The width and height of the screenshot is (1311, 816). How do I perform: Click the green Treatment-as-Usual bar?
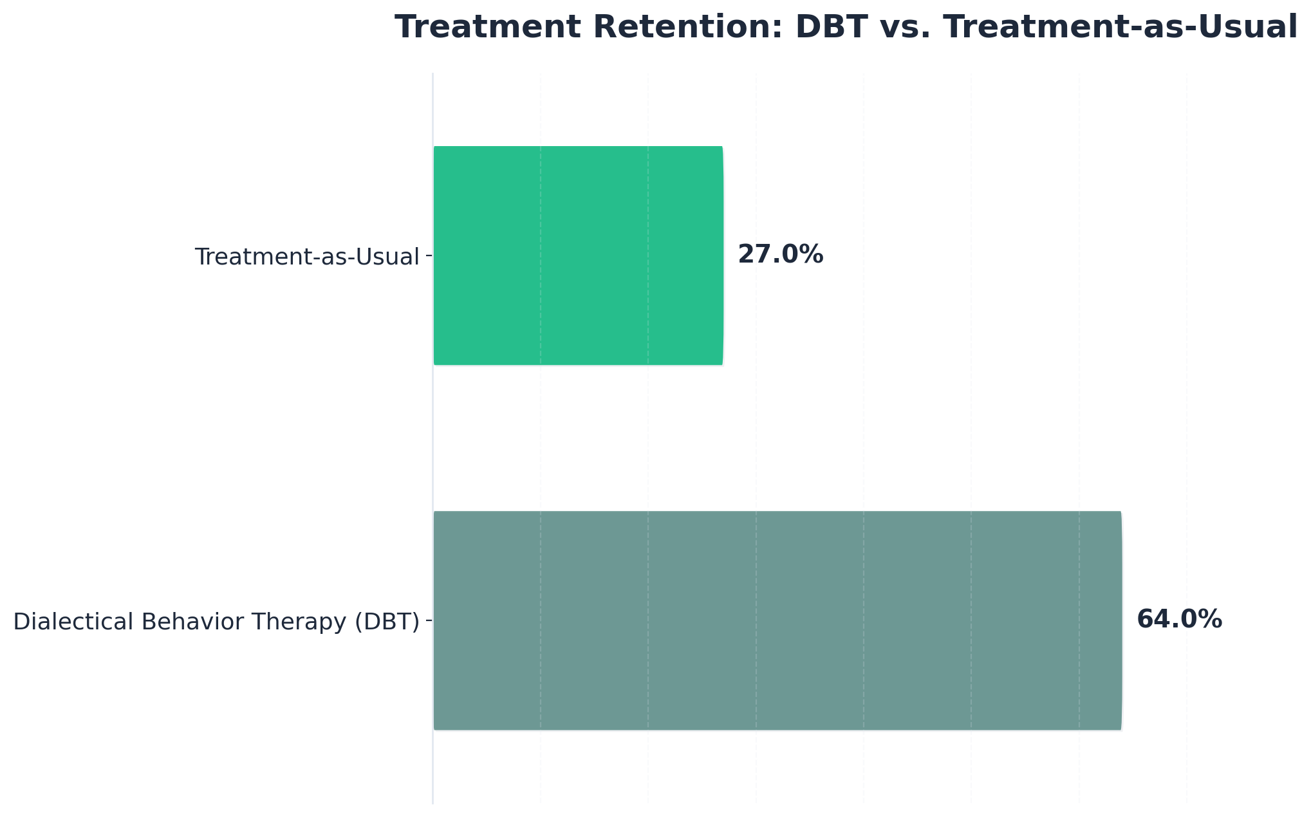pyautogui.click(x=578, y=255)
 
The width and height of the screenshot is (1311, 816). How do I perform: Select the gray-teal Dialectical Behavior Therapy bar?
pyautogui.click(x=777, y=620)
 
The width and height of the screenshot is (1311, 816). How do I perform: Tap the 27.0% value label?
pyautogui.click(x=780, y=255)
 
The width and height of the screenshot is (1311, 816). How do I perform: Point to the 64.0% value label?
pyautogui.click(x=1179, y=620)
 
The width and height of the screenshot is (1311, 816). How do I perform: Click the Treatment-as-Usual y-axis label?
pyautogui.click(x=307, y=257)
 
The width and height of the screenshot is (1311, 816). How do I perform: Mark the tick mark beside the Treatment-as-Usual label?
pyautogui.click(x=429, y=256)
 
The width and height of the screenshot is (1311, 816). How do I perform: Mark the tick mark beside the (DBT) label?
pyautogui.click(x=429, y=621)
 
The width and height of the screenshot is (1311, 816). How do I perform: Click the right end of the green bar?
pyautogui.click(x=721, y=255)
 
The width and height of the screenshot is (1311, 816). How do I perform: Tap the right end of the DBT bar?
pyautogui.click(x=1120, y=620)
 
